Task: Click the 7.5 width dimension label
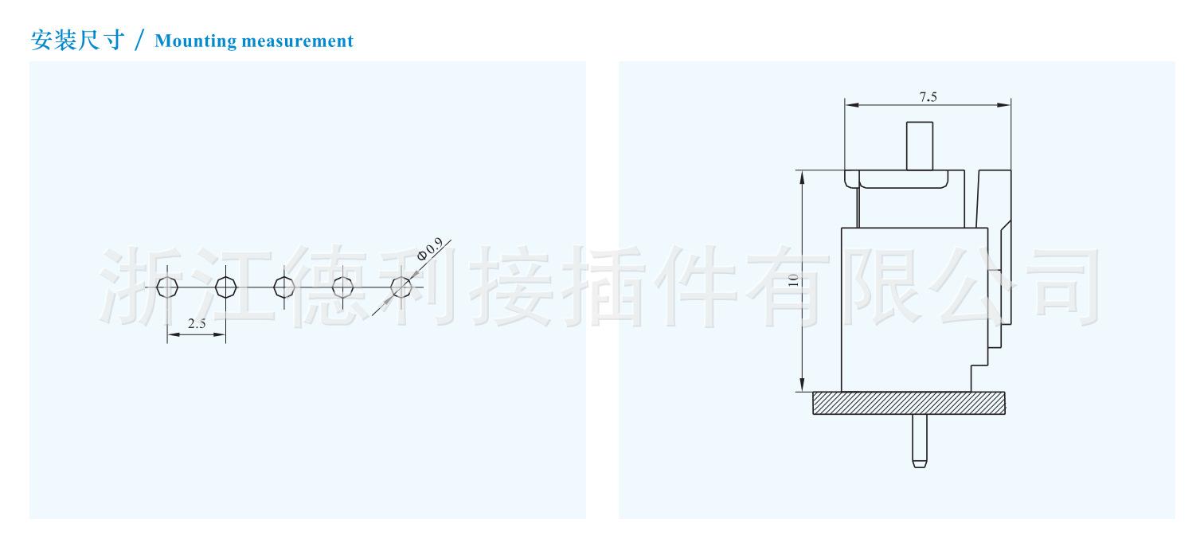pyautogui.click(x=928, y=97)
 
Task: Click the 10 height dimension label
pyautogui.click(x=792, y=279)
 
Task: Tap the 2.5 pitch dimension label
pyautogui.click(x=197, y=324)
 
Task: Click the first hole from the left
pyautogui.click(x=167, y=287)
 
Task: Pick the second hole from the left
pyautogui.click(x=226, y=287)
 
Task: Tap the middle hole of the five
pyautogui.click(x=284, y=287)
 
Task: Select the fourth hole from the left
pyautogui.click(x=343, y=287)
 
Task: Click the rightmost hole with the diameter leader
pyautogui.click(x=402, y=287)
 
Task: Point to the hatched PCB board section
pyautogui.click(x=909, y=403)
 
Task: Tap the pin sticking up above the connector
pyautogui.click(x=920, y=145)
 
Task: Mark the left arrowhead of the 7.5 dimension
pyautogui.click(x=850, y=105)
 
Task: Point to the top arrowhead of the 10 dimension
pyautogui.click(x=803, y=175)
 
